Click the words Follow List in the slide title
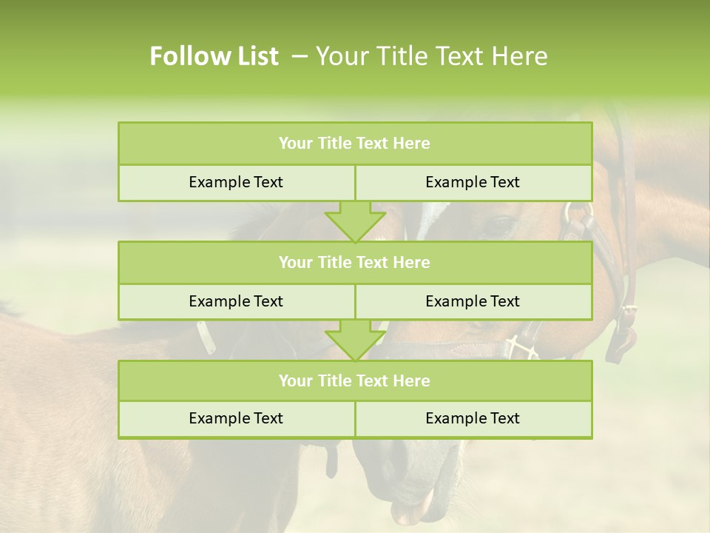tap(214, 56)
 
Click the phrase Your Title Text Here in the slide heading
tap(431, 56)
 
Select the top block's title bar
tap(354, 144)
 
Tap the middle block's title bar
tap(354, 262)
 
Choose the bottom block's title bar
tap(354, 381)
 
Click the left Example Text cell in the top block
tap(236, 182)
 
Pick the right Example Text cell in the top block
tap(473, 182)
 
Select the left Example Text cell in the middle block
tap(236, 301)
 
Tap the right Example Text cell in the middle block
tap(473, 301)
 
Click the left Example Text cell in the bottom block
tap(236, 418)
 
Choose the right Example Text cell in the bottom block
tap(473, 418)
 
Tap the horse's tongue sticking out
tap(414, 510)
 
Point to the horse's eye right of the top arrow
tap(502, 224)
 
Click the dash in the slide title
tap(300, 56)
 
